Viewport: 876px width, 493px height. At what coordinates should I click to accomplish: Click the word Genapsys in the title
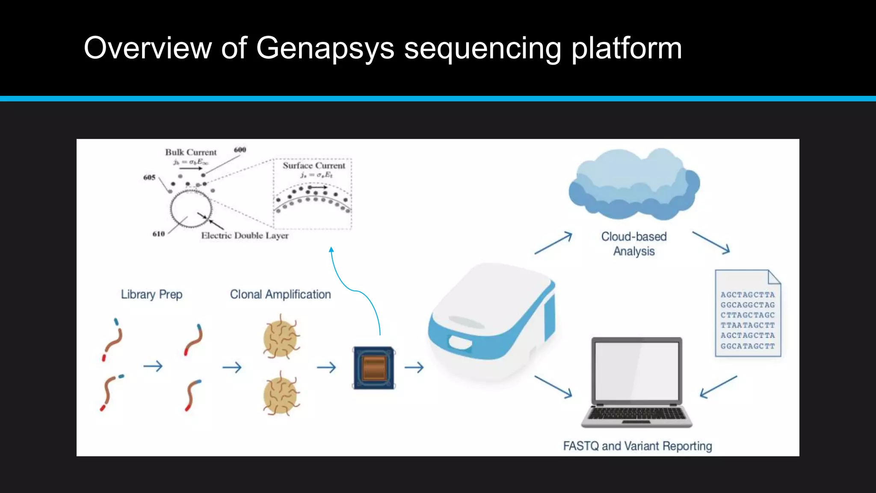pos(325,48)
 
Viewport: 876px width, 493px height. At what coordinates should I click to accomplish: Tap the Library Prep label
pos(151,294)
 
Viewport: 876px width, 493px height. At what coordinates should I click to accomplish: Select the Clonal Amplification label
pos(280,294)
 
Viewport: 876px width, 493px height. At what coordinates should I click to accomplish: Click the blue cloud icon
pos(634,182)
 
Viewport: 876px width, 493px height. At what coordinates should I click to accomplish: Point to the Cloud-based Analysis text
pos(634,244)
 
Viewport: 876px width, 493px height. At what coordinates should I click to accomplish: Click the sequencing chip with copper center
pos(373,368)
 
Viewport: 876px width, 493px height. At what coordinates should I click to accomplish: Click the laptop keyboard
pos(636,414)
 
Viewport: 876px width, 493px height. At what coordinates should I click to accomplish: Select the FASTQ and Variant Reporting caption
pos(637,446)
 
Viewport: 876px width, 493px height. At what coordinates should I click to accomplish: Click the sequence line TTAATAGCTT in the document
pos(747,325)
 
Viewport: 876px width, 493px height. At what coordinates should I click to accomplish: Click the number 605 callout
pos(149,178)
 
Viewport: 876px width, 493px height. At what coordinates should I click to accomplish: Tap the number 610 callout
pos(159,234)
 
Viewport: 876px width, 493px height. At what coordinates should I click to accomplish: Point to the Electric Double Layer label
pos(245,236)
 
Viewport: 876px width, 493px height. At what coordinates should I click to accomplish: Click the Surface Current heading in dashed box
pos(314,166)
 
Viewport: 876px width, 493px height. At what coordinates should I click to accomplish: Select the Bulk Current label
pos(191,152)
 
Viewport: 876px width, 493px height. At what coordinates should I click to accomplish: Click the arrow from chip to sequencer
pos(414,367)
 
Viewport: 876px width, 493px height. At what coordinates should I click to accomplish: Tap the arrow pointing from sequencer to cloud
pos(553,243)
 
